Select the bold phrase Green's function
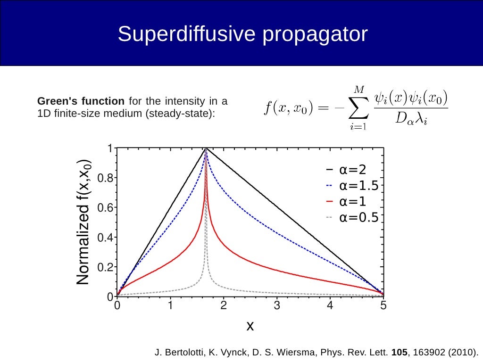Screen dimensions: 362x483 [x=81, y=101]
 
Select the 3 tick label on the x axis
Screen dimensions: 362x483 [x=277, y=306]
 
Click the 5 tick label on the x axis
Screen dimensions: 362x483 [x=383, y=306]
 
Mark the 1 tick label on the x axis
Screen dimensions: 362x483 [x=170, y=306]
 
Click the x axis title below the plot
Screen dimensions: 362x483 [x=250, y=325]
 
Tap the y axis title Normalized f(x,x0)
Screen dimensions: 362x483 [x=83, y=222]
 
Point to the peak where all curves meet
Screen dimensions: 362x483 [x=206, y=149]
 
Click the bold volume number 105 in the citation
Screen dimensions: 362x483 [x=399, y=352]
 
